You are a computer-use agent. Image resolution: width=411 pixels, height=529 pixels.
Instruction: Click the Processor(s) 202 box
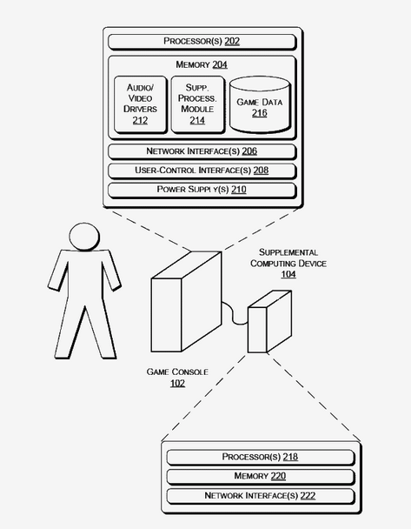click(202, 42)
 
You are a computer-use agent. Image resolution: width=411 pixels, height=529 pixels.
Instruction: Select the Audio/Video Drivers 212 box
click(141, 104)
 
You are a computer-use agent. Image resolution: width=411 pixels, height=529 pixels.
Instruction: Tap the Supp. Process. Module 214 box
click(198, 104)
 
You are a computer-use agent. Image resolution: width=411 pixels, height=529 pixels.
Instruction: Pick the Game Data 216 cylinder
click(260, 104)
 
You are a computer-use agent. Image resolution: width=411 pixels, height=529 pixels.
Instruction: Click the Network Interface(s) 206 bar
click(202, 151)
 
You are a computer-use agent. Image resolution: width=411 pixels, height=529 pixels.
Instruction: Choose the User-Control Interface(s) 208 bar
click(202, 171)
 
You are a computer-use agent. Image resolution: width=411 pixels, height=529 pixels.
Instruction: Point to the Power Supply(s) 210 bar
click(202, 190)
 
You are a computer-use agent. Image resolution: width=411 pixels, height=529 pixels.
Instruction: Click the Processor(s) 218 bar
click(261, 457)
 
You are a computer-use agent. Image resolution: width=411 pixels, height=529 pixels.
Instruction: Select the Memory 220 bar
click(261, 477)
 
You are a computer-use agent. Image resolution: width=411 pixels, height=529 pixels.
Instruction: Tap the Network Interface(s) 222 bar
click(261, 496)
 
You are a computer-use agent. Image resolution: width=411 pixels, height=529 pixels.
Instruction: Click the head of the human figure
click(84, 237)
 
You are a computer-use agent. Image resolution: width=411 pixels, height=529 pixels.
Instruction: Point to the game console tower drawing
click(186, 302)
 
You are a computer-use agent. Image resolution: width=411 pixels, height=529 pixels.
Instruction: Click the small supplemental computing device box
click(269, 322)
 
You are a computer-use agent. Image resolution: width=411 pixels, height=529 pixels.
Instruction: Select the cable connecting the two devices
click(234, 314)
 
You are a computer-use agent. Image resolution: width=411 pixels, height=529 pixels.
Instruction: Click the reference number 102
click(177, 383)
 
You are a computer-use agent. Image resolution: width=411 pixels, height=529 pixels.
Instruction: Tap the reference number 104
click(288, 274)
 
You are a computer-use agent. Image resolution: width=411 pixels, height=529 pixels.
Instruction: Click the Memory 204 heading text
click(202, 64)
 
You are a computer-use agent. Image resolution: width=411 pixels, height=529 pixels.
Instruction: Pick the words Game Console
click(177, 372)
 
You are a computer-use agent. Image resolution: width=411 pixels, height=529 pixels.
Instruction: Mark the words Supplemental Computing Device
click(288, 258)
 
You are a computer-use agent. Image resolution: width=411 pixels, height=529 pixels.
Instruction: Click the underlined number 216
click(260, 113)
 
